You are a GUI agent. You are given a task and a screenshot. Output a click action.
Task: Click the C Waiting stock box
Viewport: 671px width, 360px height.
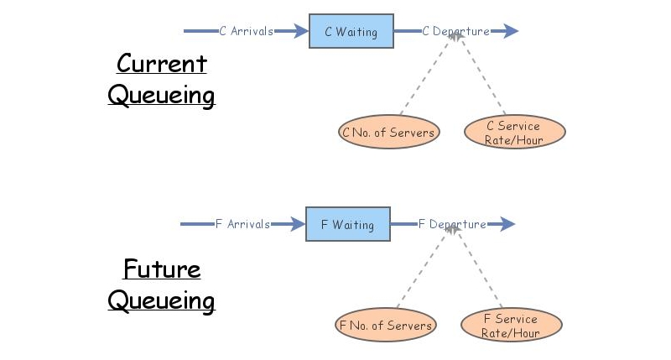[351, 32]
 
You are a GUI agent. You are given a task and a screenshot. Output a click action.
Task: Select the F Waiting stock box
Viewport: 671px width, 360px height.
[347, 225]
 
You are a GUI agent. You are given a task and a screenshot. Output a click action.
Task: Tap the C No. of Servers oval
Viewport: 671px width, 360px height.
[388, 133]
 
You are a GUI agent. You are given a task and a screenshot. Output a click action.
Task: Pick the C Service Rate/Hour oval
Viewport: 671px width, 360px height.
[514, 133]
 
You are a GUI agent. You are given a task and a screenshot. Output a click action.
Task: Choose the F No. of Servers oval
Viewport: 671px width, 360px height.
[385, 326]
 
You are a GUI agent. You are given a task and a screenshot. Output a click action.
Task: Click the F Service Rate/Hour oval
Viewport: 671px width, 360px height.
[511, 326]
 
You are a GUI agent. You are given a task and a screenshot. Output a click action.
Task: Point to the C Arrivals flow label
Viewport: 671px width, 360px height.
[246, 32]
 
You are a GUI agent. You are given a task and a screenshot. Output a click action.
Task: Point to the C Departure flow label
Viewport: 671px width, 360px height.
[455, 32]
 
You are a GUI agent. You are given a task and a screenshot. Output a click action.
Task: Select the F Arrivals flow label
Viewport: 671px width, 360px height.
[242, 225]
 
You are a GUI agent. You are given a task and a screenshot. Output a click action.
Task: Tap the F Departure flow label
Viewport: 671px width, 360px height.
[452, 225]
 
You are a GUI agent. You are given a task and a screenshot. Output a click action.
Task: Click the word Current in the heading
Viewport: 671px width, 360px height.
[161, 64]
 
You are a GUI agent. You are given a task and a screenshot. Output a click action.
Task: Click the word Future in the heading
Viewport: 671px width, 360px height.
[161, 269]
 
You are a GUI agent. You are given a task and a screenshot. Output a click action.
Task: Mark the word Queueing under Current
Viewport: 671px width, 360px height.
[161, 95]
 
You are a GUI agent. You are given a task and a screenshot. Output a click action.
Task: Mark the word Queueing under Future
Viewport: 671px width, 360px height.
[161, 300]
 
